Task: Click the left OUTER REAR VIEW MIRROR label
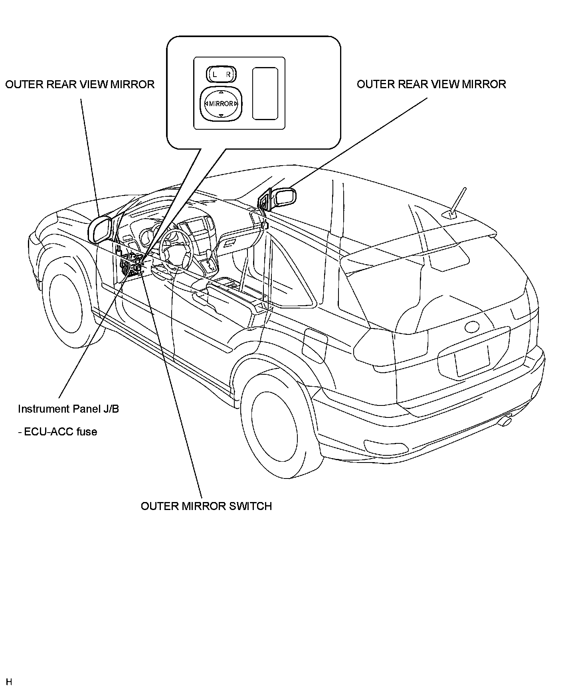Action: click(x=80, y=85)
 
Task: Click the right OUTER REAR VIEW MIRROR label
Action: click(x=431, y=85)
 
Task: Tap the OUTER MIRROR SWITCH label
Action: click(x=206, y=506)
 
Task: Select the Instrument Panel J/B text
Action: click(x=68, y=409)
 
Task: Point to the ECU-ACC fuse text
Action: click(x=57, y=432)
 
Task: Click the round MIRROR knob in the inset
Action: click(x=221, y=104)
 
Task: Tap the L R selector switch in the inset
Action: click(x=221, y=74)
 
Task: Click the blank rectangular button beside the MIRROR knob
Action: click(x=265, y=93)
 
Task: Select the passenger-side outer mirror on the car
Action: click(x=285, y=197)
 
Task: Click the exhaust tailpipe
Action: click(x=506, y=421)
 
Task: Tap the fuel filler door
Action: click(x=315, y=346)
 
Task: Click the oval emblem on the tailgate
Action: click(x=474, y=326)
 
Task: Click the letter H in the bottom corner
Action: click(x=9, y=682)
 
